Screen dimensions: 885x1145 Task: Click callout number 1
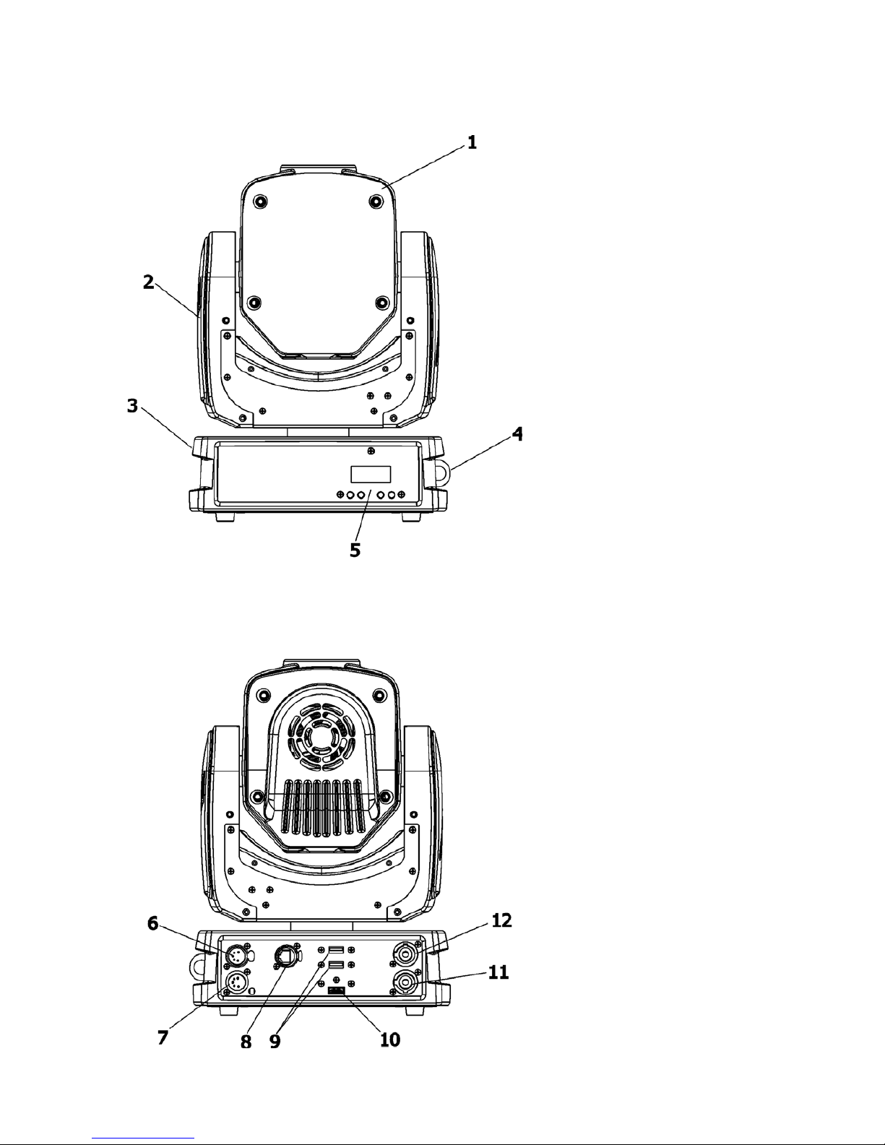[x=472, y=142]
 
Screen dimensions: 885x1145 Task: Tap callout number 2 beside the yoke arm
[x=149, y=282]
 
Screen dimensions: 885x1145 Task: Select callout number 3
[x=132, y=406]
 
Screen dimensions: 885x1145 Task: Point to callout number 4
[x=518, y=434]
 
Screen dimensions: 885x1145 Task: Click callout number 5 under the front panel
[x=355, y=550]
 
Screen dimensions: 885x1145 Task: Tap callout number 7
[x=163, y=1037]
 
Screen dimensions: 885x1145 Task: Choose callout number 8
[x=246, y=1042]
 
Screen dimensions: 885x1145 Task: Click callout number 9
[x=275, y=1041]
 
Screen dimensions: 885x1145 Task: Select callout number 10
[x=390, y=1040]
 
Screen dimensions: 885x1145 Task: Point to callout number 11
[x=498, y=972]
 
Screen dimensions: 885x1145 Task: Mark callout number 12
[x=501, y=920]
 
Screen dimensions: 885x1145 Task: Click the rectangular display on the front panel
[x=371, y=474]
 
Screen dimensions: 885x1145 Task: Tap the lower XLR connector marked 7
[x=236, y=982]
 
